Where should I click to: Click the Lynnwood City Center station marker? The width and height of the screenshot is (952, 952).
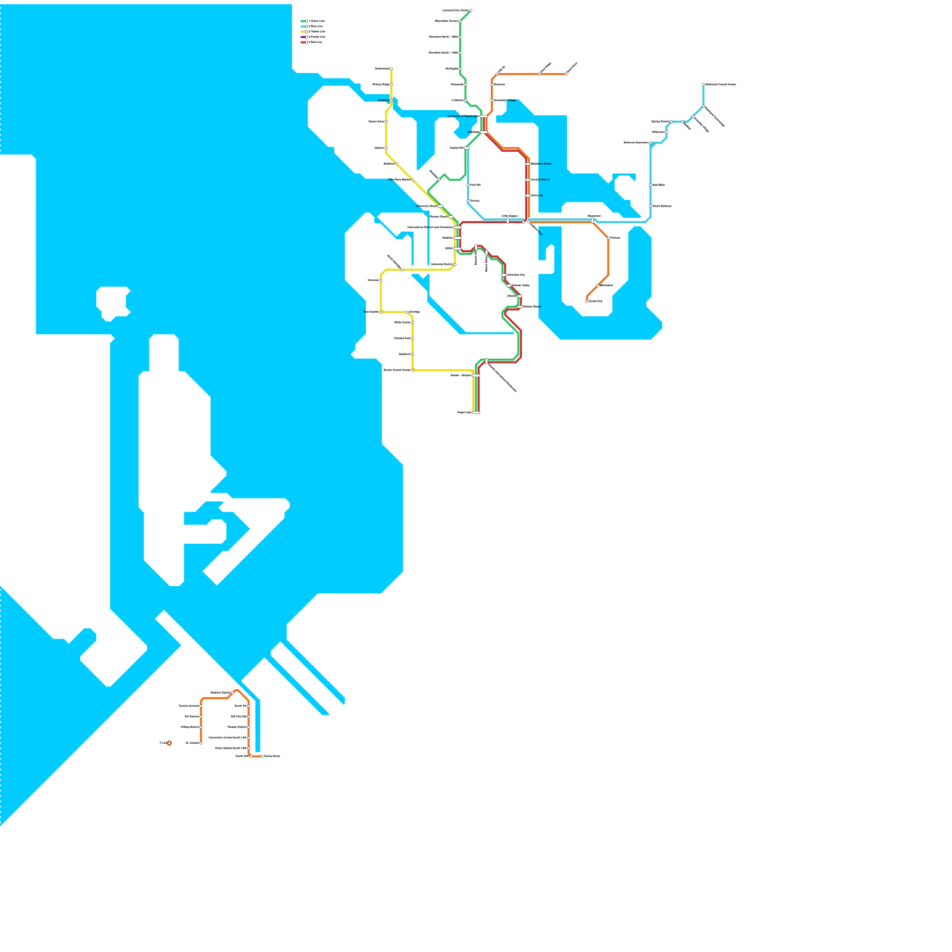[x=471, y=11]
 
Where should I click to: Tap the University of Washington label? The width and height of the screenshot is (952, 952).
[x=463, y=117]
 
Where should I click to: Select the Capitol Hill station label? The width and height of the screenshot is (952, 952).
[x=456, y=148]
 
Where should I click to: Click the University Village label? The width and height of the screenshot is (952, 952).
[x=505, y=101]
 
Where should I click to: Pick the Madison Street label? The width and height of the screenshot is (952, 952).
[x=541, y=164]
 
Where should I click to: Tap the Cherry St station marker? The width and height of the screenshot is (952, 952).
[x=528, y=195]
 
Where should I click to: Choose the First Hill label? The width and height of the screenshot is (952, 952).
[x=475, y=185]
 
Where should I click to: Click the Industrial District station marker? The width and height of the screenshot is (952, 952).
[x=455, y=264]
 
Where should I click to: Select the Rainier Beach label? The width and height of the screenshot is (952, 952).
[x=531, y=306]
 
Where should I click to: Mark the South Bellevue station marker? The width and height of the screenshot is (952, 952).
[x=650, y=206]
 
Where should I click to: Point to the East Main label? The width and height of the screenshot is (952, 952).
[x=659, y=185]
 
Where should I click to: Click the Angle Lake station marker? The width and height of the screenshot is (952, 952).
[x=476, y=412]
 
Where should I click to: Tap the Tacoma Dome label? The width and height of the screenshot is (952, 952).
[x=272, y=756]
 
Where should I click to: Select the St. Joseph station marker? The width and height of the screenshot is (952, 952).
[x=201, y=743]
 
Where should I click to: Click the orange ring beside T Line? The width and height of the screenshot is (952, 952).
[x=169, y=743]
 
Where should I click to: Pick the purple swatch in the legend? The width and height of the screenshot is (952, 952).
[x=303, y=37]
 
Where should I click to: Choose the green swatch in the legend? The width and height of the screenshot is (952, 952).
[x=303, y=21]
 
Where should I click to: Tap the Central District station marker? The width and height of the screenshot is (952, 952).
[x=528, y=180]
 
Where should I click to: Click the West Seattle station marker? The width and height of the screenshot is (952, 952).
[x=381, y=312]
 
